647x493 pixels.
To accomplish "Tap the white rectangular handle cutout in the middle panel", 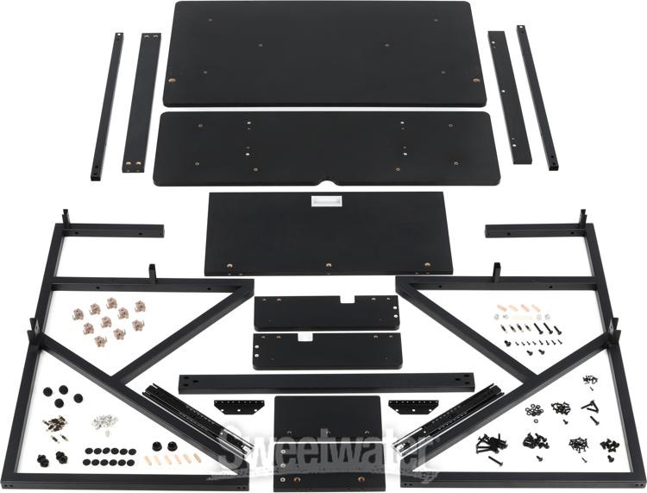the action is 326,200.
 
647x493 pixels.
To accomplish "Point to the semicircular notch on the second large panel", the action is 327,182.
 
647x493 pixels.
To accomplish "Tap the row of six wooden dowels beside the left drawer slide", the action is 174,458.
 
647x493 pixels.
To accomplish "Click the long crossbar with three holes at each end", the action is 326,383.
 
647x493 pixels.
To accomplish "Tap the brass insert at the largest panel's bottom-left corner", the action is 172,80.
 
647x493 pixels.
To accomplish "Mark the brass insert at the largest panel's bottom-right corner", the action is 476,80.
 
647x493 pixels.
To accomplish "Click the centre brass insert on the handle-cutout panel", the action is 329,265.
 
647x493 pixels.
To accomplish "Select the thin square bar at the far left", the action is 107,106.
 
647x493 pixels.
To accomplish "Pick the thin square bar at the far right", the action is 537,98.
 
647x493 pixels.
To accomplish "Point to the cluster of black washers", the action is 534,412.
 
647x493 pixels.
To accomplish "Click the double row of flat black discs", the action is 109,457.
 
